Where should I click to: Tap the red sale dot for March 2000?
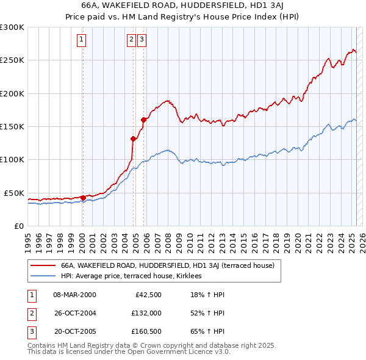[x=83, y=198]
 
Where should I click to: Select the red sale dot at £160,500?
[x=143, y=120]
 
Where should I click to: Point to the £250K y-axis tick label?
[x=12, y=60]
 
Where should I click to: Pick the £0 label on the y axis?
[x=19, y=226]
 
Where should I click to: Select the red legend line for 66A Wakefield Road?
[x=43, y=266]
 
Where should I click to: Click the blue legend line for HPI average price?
[x=43, y=276]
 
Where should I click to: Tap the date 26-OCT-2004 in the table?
[x=74, y=314]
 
